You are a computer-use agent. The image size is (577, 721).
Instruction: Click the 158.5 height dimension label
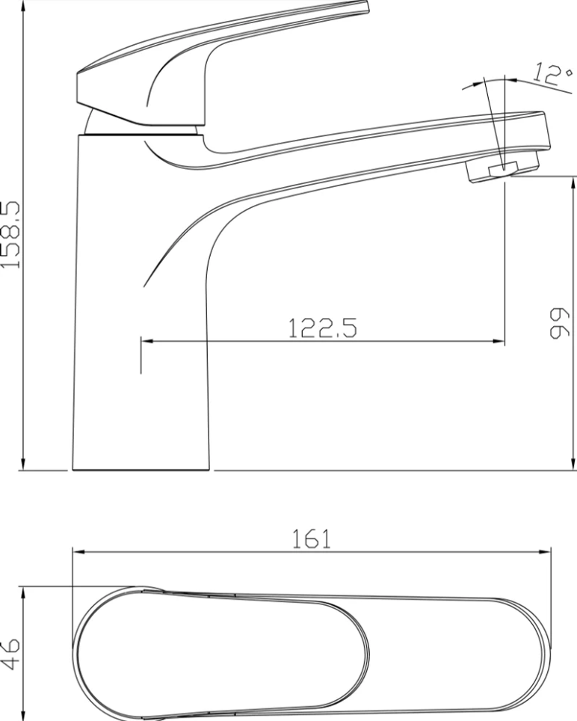(x=10, y=234)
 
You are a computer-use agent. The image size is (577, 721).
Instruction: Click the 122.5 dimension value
(x=322, y=328)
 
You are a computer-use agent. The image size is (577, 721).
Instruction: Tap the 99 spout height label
(x=560, y=323)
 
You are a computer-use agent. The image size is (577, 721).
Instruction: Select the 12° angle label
(x=553, y=75)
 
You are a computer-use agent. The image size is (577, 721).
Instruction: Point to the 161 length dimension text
(x=312, y=539)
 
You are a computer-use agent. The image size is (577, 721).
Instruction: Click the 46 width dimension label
(x=10, y=653)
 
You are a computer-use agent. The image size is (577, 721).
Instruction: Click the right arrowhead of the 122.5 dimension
(x=499, y=341)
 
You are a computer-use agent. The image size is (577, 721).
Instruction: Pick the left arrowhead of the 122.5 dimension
(x=147, y=341)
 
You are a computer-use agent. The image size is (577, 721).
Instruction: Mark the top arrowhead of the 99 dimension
(x=573, y=182)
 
